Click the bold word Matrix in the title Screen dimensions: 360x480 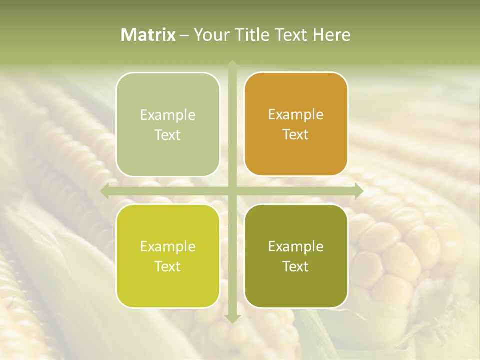(148, 35)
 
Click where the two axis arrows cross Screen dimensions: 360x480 (232, 191)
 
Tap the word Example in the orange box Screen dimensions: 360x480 (296, 115)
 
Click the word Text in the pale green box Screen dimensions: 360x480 (168, 135)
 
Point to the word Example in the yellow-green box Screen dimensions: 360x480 (168, 247)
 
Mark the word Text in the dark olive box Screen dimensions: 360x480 (296, 267)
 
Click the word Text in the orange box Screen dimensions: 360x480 (296, 135)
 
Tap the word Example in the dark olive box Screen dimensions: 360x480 (296, 247)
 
